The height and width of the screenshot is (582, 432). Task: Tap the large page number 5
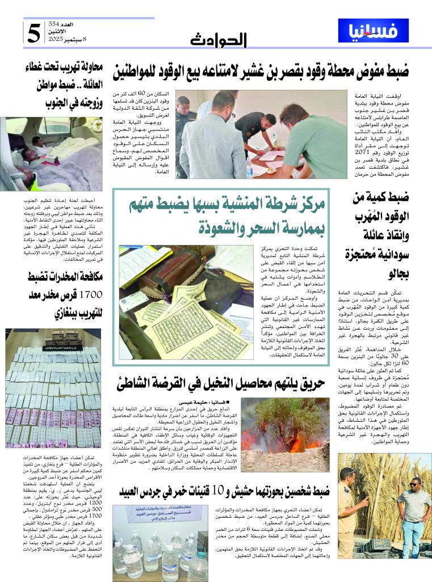(x=35, y=34)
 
